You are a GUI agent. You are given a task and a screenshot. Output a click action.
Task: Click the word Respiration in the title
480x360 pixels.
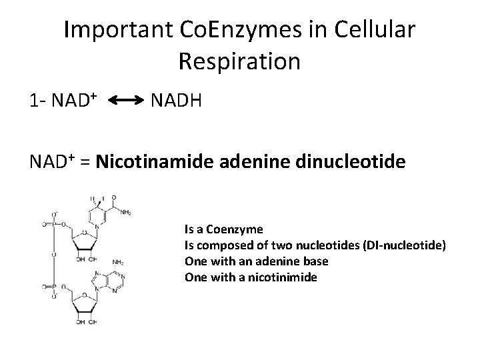pos(239,61)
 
